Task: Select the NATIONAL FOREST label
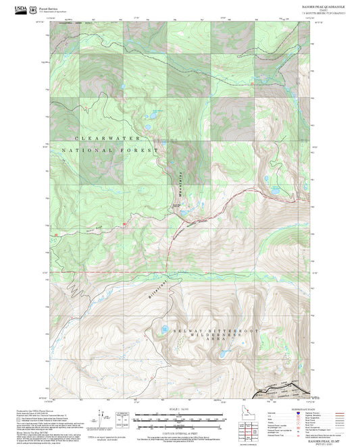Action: (110, 151)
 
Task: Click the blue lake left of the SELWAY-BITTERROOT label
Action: (164, 330)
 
